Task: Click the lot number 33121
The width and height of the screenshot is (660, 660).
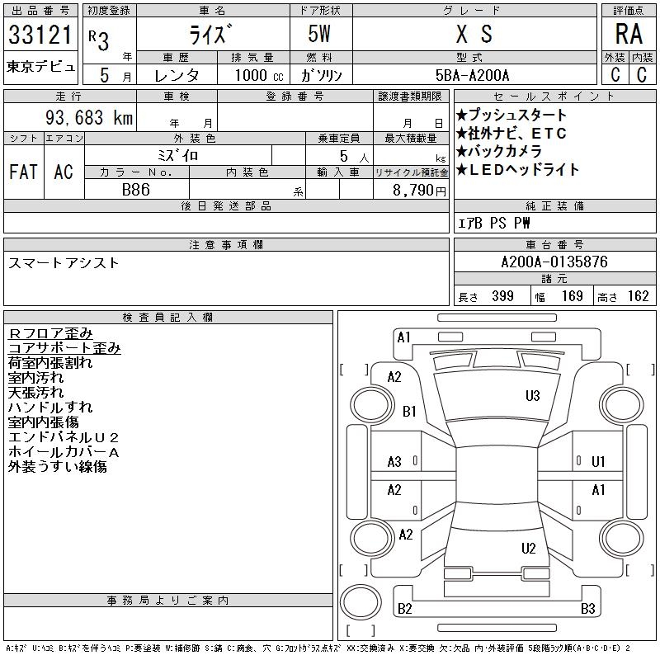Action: click(40, 34)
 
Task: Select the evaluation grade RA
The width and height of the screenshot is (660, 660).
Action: click(629, 34)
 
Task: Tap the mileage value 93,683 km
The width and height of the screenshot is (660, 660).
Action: click(89, 118)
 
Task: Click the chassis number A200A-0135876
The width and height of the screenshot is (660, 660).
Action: click(554, 262)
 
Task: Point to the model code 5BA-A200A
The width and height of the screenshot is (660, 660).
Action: click(472, 75)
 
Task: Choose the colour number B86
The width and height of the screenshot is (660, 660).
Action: click(136, 190)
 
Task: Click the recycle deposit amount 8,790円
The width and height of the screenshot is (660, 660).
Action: click(419, 191)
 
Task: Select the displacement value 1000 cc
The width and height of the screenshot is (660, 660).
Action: click(259, 75)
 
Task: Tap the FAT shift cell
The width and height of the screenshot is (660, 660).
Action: click(23, 172)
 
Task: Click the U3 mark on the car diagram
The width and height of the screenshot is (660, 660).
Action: click(532, 396)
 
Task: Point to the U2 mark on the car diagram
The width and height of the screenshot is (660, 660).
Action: click(528, 548)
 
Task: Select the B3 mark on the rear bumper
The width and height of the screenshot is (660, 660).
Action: click(587, 608)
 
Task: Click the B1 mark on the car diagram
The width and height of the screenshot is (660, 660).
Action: click(409, 411)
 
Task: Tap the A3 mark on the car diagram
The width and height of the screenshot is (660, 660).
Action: click(394, 462)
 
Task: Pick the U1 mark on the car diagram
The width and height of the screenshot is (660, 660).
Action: click(598, 462)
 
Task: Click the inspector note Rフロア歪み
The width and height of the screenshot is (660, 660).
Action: click(50, 333)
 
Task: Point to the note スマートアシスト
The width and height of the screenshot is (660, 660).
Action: click(64, 263)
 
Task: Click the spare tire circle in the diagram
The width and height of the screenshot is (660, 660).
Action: click(361, 602)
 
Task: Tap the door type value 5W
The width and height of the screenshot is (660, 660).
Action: click(319, 34)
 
